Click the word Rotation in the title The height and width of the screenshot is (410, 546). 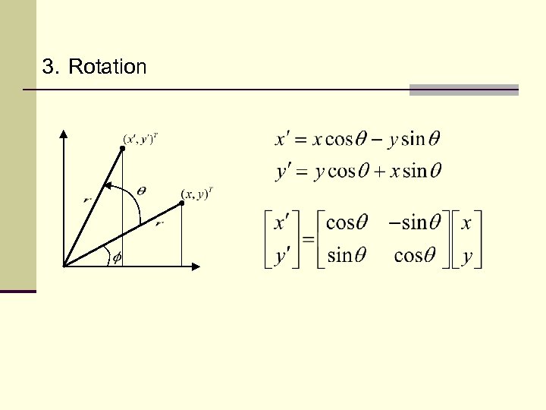107,68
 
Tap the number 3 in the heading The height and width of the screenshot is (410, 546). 49,68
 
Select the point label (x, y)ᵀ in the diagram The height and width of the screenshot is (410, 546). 196,194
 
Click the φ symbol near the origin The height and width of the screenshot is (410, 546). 117,257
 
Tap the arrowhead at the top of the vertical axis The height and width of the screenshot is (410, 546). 64,134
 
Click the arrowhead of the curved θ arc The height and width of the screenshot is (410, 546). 108,184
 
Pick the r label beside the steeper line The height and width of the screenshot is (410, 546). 87,200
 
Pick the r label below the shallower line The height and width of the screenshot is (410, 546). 158,224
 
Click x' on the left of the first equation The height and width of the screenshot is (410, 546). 282,140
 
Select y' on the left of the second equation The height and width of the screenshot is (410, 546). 282,172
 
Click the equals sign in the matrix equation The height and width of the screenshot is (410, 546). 309,239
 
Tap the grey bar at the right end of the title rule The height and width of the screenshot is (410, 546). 463,90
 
